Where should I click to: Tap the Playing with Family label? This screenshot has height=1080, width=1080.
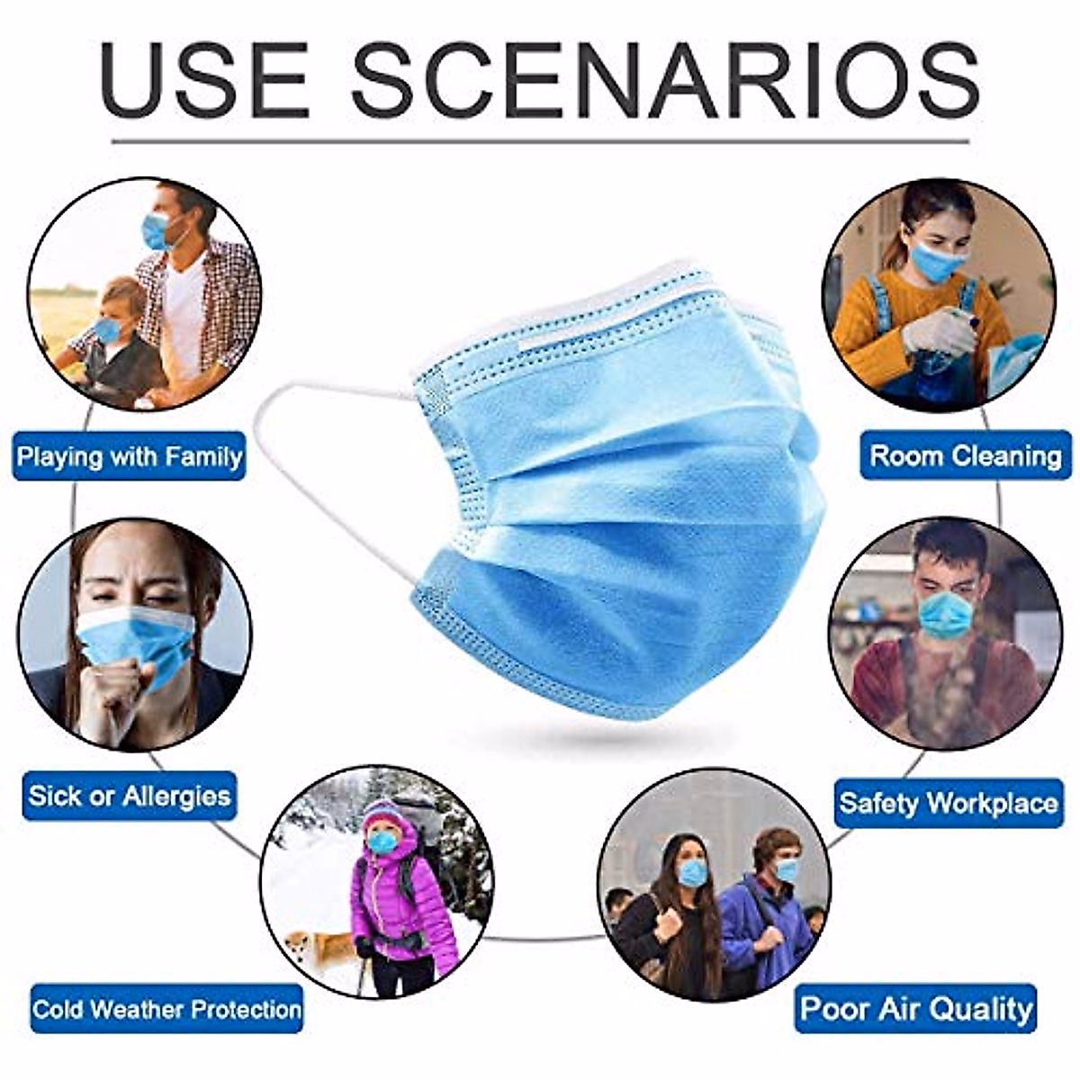click(x=130, y=456)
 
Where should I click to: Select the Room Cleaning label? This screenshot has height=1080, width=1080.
click(x=966, y=455)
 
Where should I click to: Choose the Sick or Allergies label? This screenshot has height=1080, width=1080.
click(x=130, y=796)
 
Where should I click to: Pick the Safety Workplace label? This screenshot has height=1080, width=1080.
click(x=949, y=802)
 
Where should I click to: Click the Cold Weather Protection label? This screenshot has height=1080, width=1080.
click(x=166, y=1008)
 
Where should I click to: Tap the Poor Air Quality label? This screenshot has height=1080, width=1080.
click(x=916, y=1008)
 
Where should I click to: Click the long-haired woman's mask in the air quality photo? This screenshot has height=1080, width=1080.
click(x=692, y=872)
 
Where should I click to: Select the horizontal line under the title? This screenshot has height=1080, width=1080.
click(x=540, y=141)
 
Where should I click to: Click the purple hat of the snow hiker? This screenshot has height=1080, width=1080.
click(x=382, y=814)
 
